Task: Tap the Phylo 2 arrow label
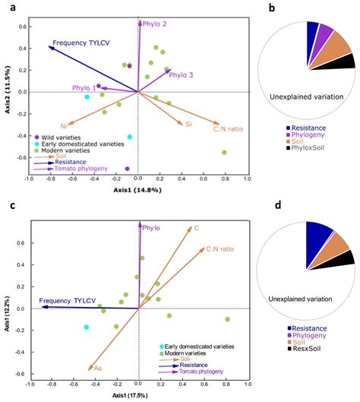click(154, 24)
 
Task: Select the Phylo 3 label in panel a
click(181, 74)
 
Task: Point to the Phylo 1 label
click(84, 88)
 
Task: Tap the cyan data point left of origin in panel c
click(87, 327)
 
